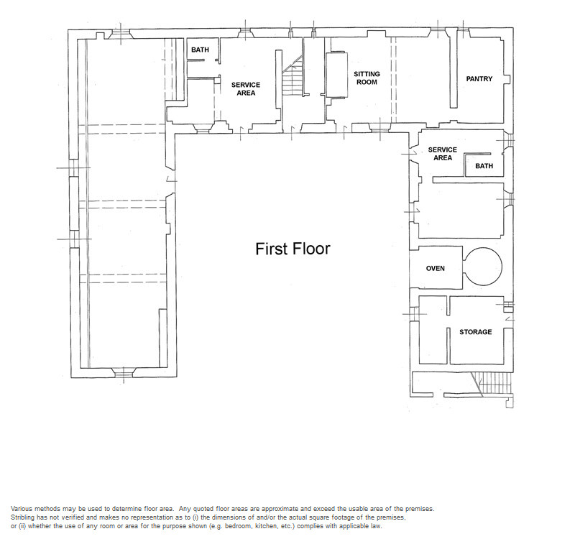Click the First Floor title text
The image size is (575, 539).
pyautogui.click(x=293, y=249)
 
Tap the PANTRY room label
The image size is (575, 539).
pyautogui.click(x=479, y=79)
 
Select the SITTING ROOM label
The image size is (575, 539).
pyautogui.click(x=367, y=78)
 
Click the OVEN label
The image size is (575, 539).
pyautogui.click(x=436, y=268)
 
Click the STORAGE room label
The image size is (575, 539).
pyautogui.click(x=476, y=332)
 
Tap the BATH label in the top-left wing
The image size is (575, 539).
pyautogui.click(x=200, y=50)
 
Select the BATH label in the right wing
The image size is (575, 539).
pyautogui.click(x=484, y=166)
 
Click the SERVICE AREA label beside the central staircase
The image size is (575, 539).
pyautogui.click(x=246, y=88)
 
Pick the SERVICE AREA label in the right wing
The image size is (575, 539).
pyautogui.click(x=443, y=154)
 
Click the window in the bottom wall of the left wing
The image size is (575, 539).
pyautogui.click(x=124, y=372)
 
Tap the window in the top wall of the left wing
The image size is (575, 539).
pyautogui.click(x=120, y=34)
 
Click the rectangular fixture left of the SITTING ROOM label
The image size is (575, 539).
pyautogui.click(x=336, y=75)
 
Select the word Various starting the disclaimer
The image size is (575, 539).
pyautogui.click(x=22, y=509)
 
